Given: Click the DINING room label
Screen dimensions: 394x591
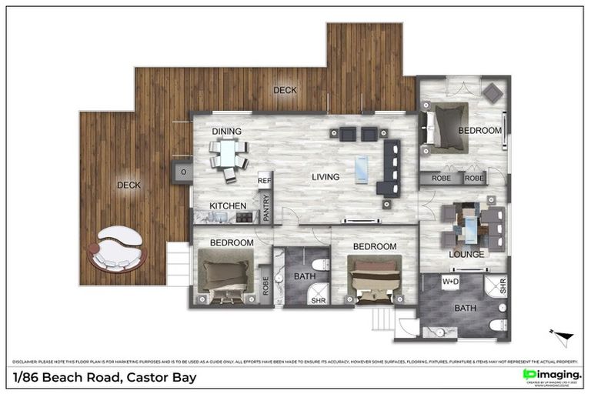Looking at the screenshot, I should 227,132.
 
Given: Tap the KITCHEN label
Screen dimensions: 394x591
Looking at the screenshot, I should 228,206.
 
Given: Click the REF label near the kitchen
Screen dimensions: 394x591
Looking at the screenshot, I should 264,181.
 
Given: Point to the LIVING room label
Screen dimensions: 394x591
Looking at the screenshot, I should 326,178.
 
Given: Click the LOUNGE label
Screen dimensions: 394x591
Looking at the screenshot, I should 467,255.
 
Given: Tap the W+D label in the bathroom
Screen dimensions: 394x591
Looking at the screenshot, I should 450,282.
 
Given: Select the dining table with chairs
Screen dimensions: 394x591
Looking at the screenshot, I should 229,158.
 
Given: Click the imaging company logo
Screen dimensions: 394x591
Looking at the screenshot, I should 552,375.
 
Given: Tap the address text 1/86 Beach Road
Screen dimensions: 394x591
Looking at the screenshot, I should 105,378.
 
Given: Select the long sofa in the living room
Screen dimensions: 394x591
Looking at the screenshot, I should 388,166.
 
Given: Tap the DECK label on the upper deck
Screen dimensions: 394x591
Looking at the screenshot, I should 285,90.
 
